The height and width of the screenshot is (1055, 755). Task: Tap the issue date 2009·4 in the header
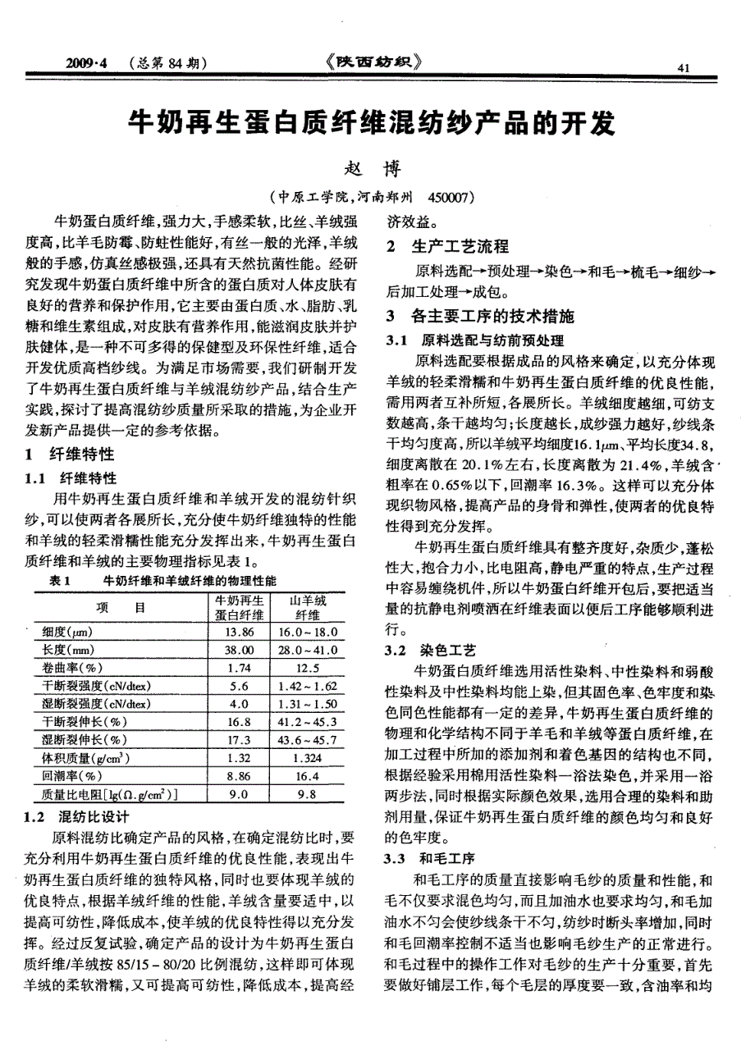click(88, 63)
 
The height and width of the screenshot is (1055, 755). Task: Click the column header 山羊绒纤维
click(309, 608)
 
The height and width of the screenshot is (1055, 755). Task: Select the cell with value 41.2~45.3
click(309, 722)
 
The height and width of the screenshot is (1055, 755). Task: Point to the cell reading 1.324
click(309, 758)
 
